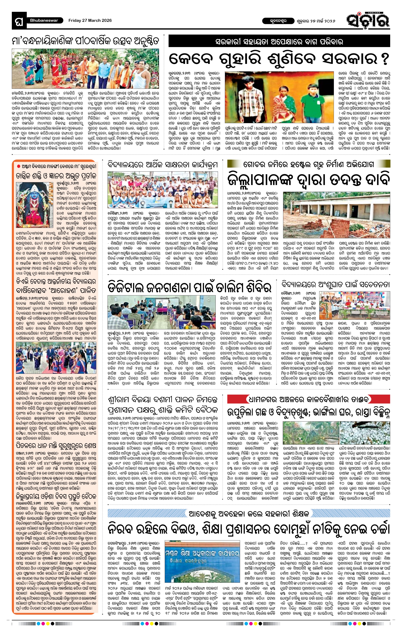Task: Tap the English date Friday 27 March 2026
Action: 90,20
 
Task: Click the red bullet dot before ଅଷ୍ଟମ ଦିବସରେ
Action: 18,166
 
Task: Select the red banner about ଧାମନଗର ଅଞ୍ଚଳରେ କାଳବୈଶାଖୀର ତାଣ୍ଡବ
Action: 308,399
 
